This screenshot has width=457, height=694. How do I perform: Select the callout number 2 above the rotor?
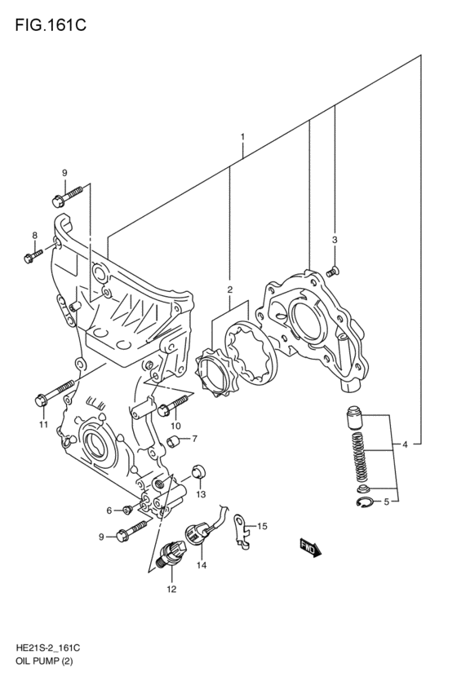[x=230, y=289]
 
